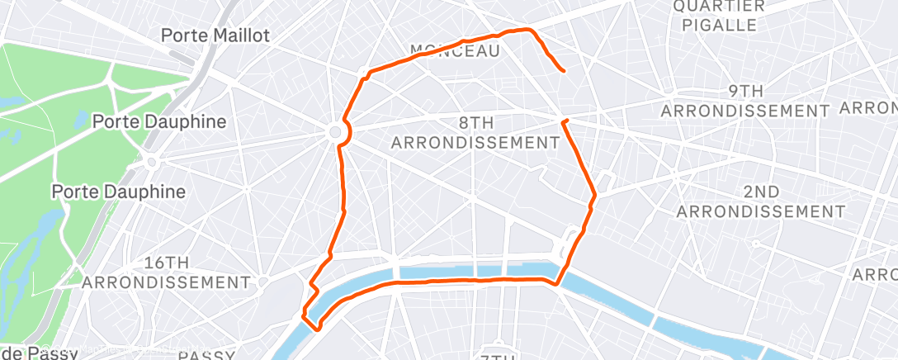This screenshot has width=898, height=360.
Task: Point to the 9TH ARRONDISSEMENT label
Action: pyautogui.click(x=744, y=100)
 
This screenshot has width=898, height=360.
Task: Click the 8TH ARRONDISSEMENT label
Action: pyautogui.click(x=475, y=133)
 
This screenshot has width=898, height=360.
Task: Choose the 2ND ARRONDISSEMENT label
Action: pyautogui.click(x=760, y=201)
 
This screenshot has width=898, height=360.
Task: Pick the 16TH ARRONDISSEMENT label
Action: pyautogui.click(x=166, y=272)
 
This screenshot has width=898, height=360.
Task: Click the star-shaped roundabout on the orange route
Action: pyautogui.click(x=336, y=132)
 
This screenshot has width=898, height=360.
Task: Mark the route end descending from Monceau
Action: pyautogui.click(x=563, y=72)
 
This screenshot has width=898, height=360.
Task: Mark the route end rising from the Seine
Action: pyautogui.click(x=564, y=122)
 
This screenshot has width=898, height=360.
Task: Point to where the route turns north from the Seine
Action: pyautogui.click(x=558, y=284)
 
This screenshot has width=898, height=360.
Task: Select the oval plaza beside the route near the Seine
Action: pyautogui.click(x=570, y=243)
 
